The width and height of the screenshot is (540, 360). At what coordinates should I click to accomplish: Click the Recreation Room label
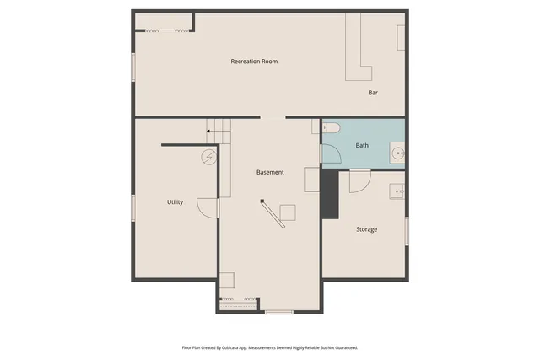[254, 62]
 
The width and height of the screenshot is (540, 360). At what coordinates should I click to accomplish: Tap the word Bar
[372, 93]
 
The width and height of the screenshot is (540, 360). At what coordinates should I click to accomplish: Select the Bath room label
[362, 146]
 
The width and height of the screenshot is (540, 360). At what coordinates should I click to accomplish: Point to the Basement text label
[270, 173]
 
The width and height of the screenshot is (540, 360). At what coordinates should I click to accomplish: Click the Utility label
[175, 202]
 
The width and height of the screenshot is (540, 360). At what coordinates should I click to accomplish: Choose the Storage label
[366, 229]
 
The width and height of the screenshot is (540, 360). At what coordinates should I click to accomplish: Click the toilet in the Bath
[331, 128]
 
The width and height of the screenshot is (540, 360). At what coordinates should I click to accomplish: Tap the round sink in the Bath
[397, 153]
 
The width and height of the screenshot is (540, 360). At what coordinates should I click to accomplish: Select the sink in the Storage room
[397, 191]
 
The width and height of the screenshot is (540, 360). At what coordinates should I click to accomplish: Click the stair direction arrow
[210, 132]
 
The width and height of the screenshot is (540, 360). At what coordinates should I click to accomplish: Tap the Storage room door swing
[360, 180]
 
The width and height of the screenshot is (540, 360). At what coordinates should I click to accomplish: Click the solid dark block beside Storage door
[329, 194]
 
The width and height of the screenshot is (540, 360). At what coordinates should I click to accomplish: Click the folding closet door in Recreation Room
[165, 30]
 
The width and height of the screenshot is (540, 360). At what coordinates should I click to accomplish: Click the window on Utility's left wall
[132, 207]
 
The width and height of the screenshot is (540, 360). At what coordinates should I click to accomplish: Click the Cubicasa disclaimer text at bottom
[270, 347]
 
